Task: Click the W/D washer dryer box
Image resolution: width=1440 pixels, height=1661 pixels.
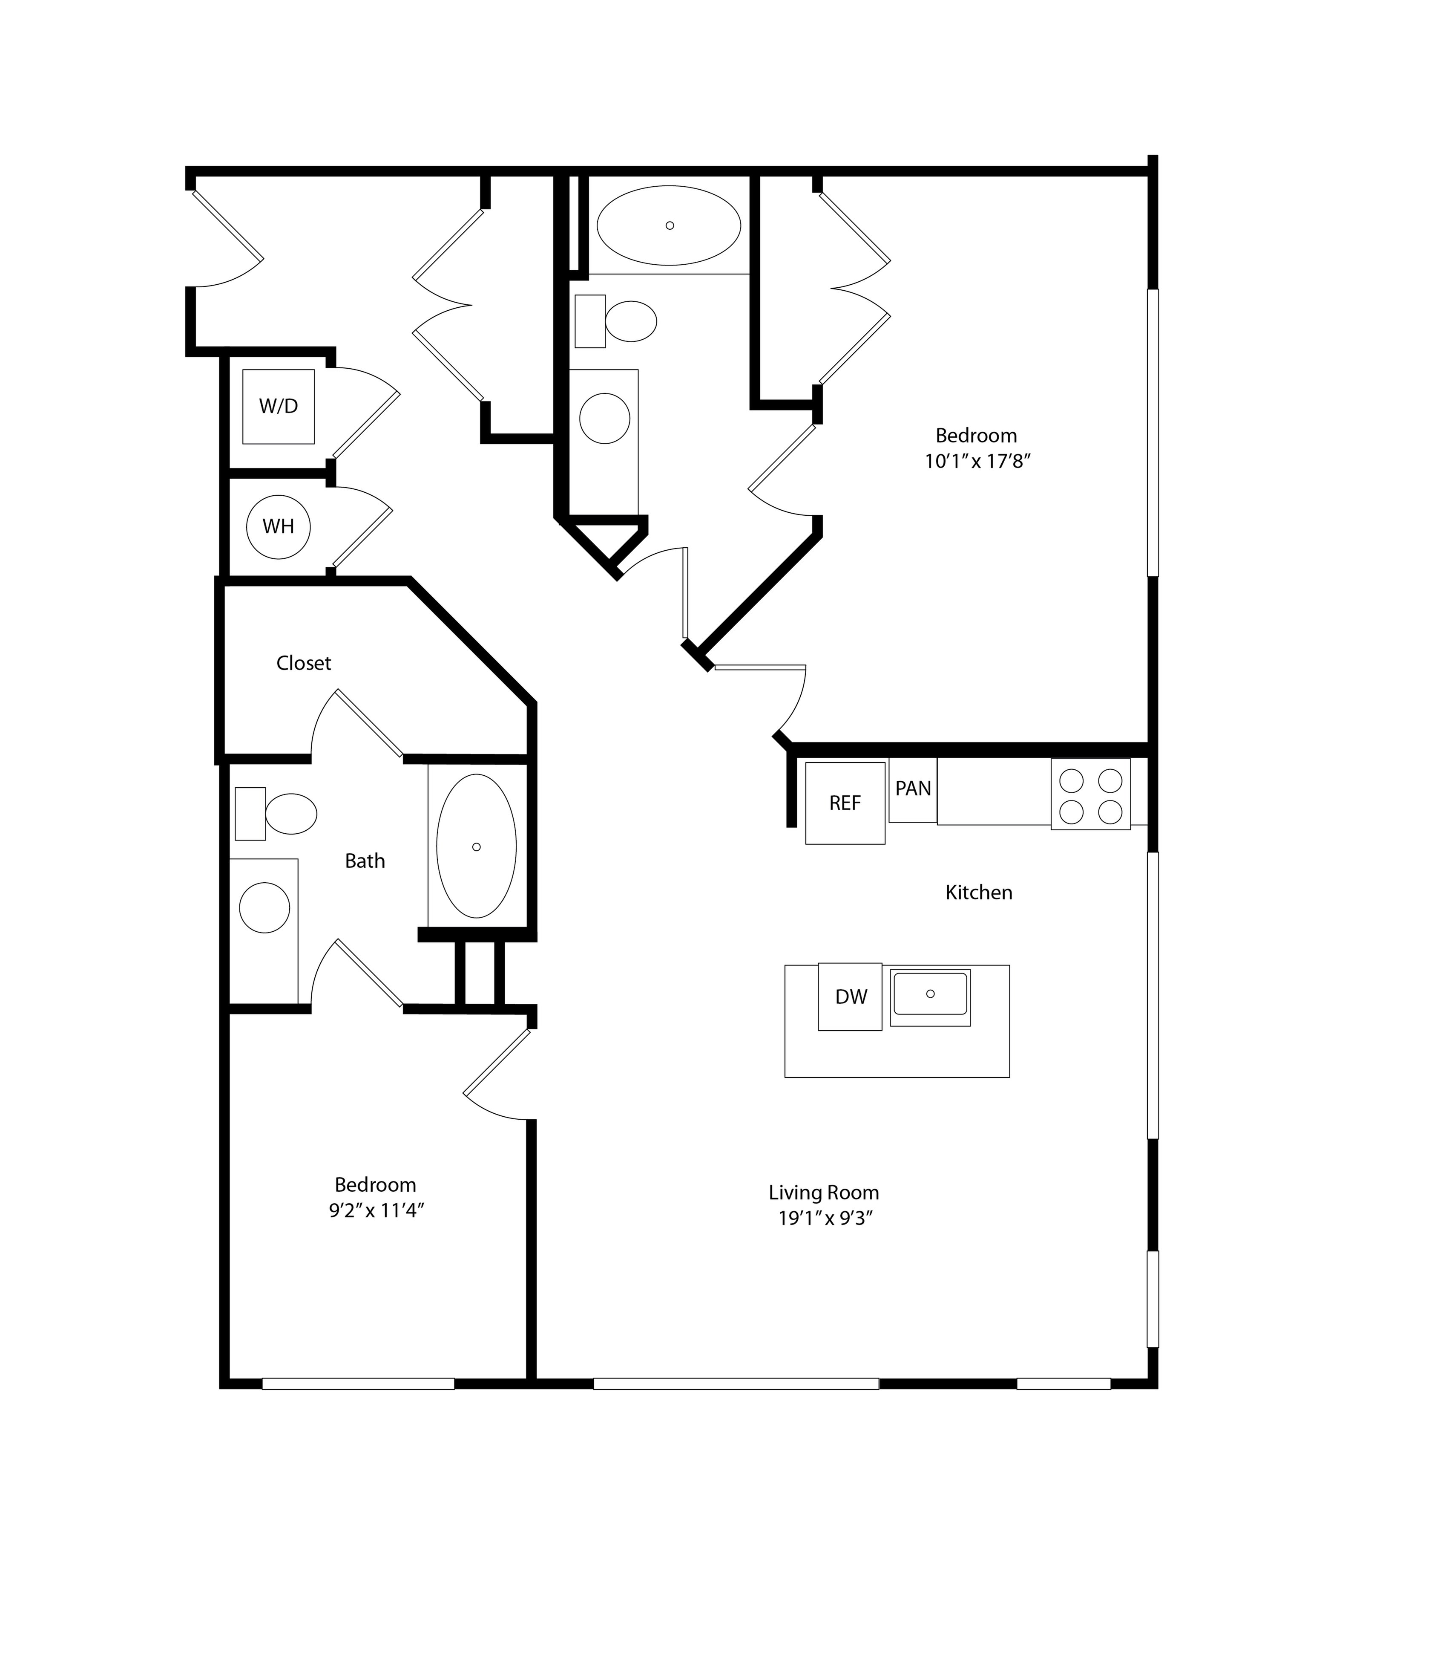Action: (x=278, y=406)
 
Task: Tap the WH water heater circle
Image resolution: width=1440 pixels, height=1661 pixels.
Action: (x=278, y=526)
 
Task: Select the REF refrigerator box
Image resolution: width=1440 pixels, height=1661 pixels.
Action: (x=845, y=802)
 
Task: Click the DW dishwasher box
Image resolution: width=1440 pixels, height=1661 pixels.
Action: (x=850, y=997)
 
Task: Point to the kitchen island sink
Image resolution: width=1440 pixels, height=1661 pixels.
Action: (x=931, y=997)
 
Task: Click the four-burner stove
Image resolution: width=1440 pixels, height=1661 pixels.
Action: (x=1090, y=794)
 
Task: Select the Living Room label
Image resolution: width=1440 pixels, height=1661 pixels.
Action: (x=824, y=1192)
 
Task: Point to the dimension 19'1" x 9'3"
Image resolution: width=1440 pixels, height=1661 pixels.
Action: (x=825, y=1218)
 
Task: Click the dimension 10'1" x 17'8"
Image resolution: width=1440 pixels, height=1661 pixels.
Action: (x=977, y=462)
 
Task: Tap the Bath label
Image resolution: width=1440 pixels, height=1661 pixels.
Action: (x=365, y=861)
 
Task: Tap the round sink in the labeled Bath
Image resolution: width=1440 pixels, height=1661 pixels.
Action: (x=264, y=908)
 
